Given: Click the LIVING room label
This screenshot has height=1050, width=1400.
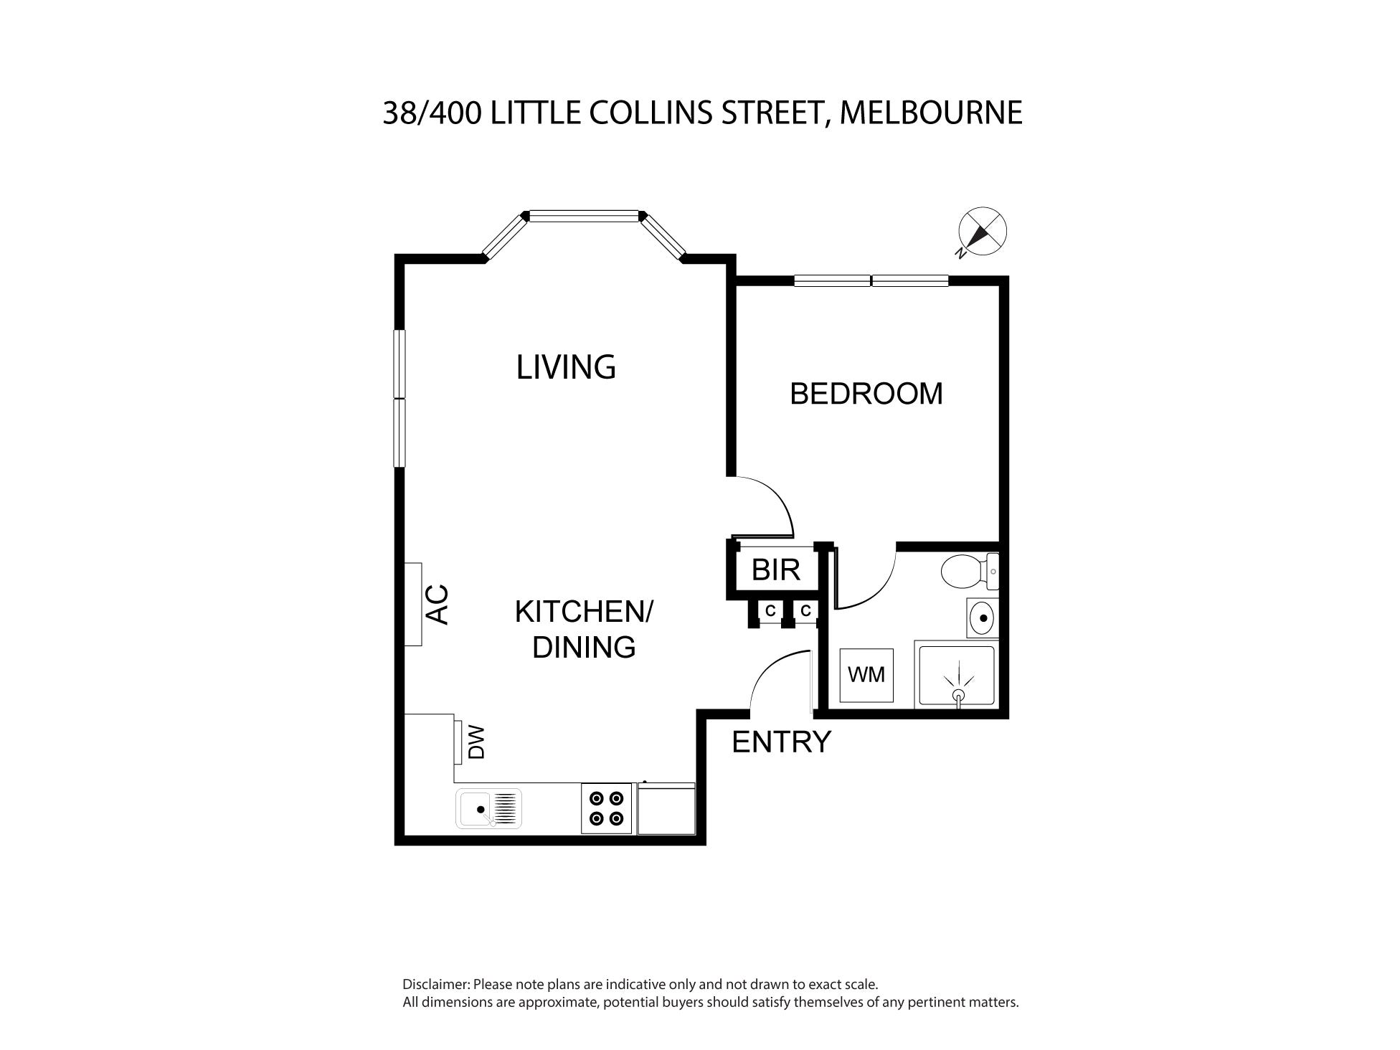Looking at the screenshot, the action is point(566,367).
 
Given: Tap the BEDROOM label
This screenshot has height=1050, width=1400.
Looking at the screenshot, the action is point(866,394).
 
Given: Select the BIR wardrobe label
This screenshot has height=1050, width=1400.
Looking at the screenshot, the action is point(776,570).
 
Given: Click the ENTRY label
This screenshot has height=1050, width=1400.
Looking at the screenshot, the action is point(781,742).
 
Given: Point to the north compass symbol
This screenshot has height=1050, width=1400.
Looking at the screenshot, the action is point(982,232).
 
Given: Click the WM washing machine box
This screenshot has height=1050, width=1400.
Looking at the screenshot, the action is point(866,675).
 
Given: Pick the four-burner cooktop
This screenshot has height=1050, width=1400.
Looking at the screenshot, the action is point(606,808).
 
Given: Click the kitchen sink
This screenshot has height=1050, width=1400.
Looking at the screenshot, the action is point(488,808).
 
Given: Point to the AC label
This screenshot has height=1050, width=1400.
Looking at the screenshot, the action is point(437,605).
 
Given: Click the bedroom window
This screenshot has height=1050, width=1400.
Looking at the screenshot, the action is point(871,280).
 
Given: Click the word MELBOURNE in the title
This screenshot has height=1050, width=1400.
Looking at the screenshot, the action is point(931,113).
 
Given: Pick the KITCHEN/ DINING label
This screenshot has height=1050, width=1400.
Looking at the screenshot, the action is point(584,630).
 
